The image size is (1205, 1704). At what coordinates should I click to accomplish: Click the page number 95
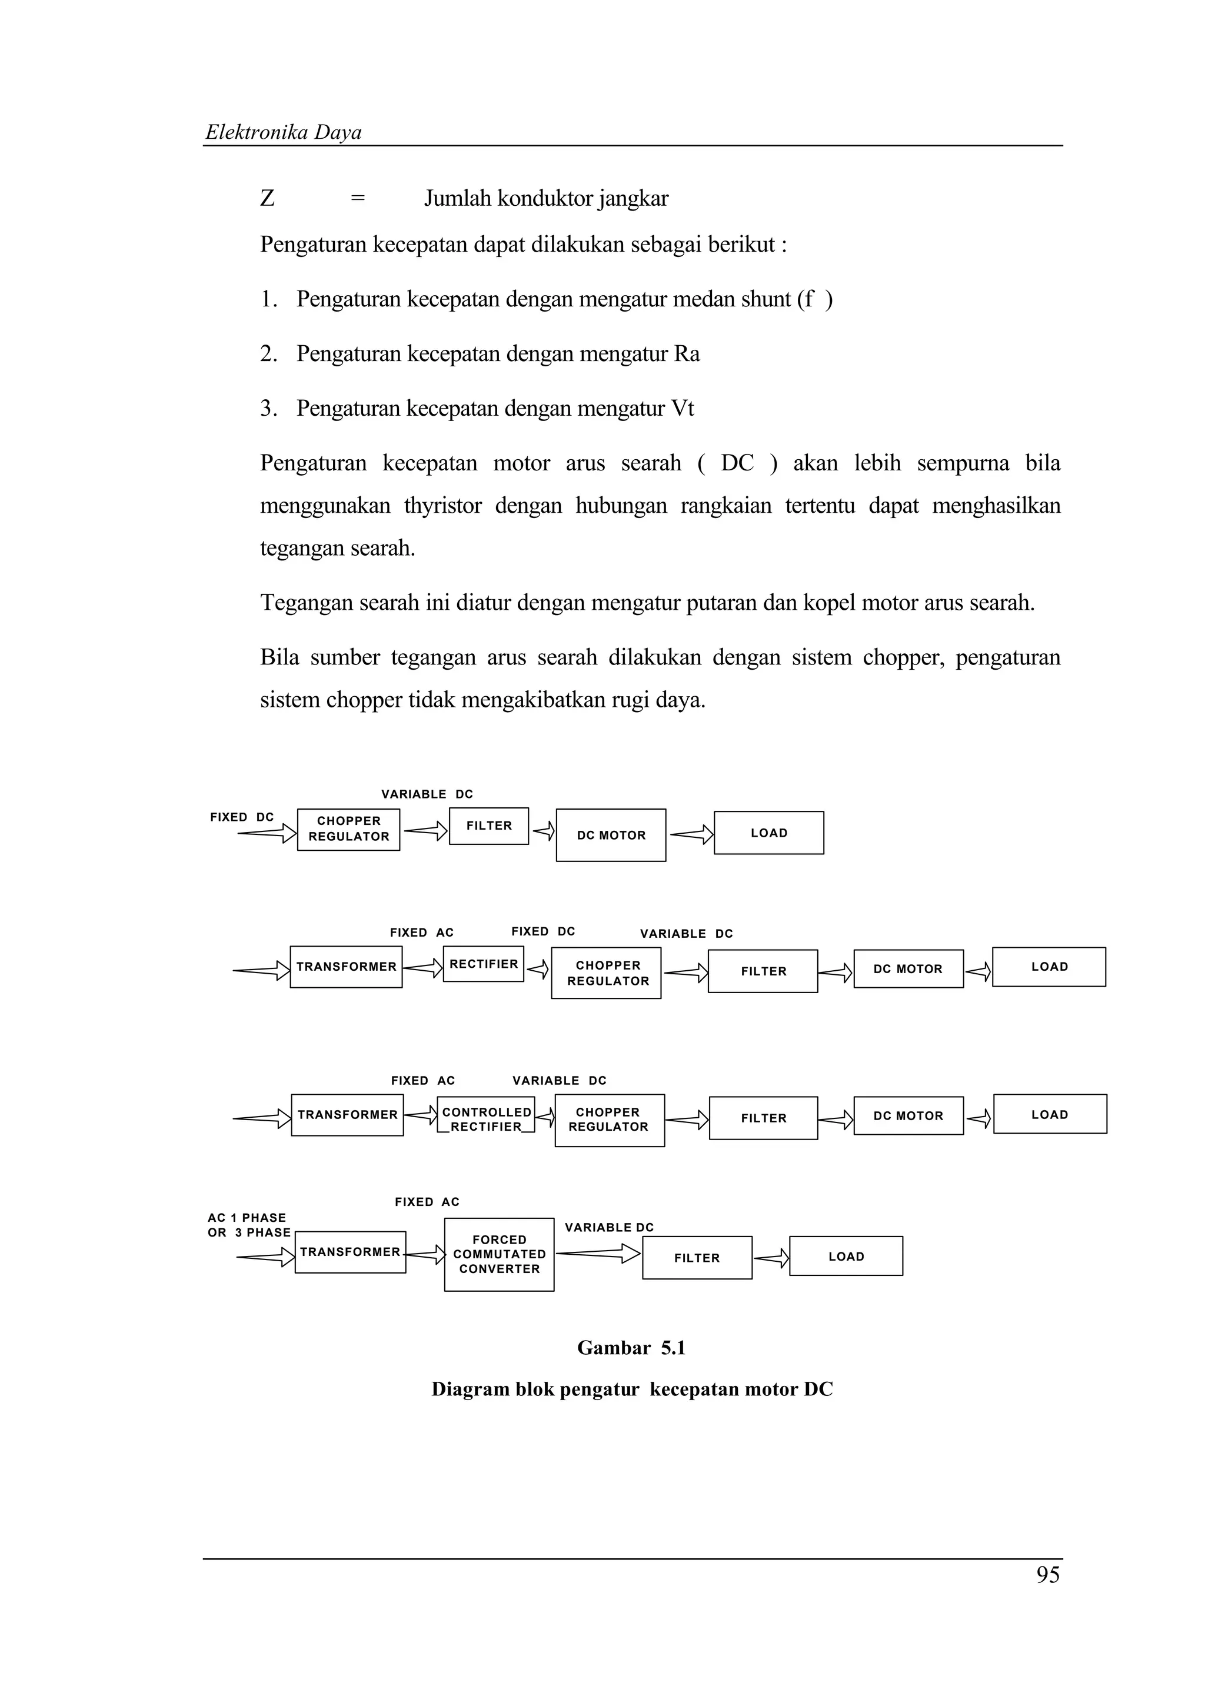1047,1575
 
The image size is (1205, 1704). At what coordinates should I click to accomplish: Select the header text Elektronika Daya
283,132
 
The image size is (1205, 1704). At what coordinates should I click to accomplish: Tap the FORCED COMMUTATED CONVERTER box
499,1254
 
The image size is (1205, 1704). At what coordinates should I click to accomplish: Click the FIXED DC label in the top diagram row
242,817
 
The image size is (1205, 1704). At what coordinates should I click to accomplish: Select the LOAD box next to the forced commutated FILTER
846,1256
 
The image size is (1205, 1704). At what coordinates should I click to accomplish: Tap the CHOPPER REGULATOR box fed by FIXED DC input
348,829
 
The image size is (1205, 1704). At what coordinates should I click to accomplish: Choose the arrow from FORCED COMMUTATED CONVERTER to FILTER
598,1254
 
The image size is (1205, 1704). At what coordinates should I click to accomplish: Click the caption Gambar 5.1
631,1348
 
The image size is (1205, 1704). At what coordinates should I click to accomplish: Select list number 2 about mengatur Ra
268,354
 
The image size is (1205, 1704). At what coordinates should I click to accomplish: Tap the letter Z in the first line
267,198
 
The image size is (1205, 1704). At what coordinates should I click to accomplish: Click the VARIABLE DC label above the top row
427,794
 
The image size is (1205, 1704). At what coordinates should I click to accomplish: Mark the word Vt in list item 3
681,409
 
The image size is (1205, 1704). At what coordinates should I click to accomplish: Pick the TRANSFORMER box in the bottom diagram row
349,1252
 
